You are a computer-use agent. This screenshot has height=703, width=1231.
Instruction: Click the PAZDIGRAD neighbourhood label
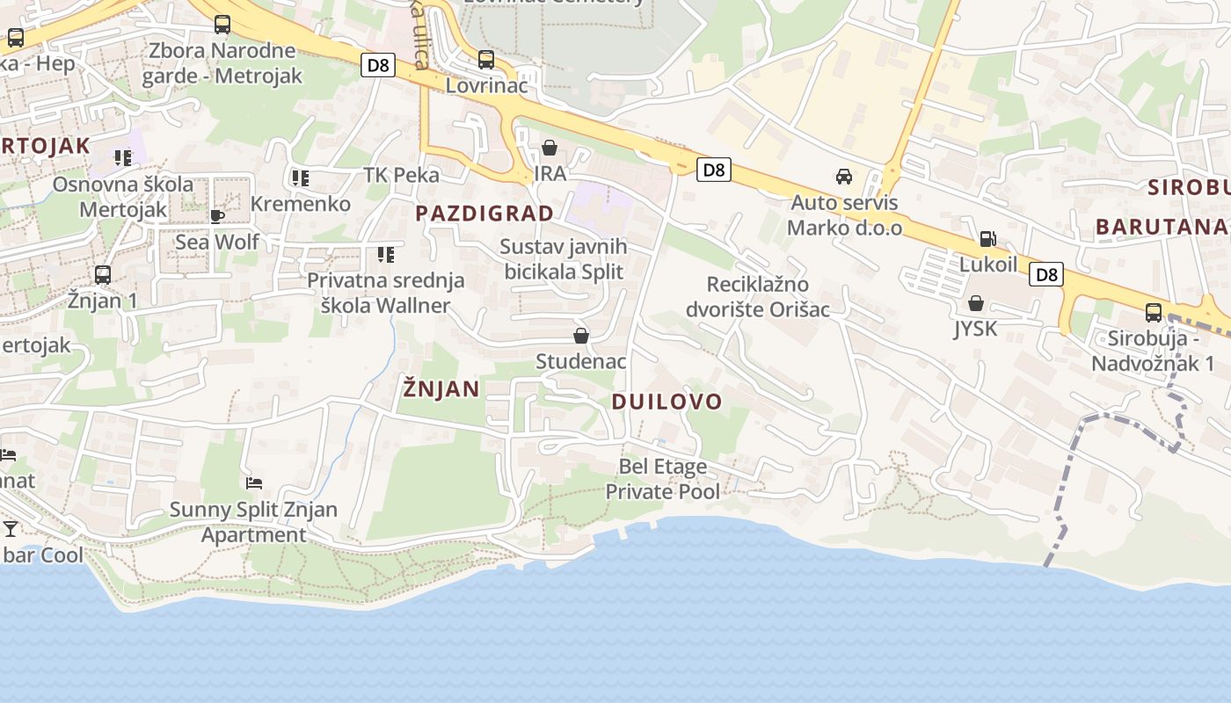tap(484, 214)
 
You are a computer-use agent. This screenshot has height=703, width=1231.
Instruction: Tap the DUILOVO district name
tap(666, 402)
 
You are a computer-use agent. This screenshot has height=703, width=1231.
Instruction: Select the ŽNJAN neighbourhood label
tap(441, 388)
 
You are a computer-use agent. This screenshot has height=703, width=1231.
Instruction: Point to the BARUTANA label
tap(1161, 227)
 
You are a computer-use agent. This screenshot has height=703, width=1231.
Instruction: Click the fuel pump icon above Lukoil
tap(987, 239)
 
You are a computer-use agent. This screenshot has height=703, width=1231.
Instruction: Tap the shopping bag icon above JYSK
tap(975, 304)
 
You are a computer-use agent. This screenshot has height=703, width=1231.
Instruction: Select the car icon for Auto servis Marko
tap(844, 177)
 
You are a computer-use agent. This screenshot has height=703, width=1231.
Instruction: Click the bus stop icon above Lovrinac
tap(486, 60)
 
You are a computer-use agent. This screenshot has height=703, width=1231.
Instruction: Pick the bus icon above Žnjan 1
tap(103, 275)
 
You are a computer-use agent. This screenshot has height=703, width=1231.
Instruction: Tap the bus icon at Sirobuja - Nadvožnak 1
tap(1153, 312)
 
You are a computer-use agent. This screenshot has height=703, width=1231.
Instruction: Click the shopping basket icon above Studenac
tap(580, 336)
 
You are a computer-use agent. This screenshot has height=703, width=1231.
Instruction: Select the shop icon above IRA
tap(550, 148)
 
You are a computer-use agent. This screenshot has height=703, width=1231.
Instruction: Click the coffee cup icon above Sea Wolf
tap(217, 216)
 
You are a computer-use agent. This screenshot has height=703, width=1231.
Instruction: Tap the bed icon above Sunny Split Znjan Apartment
tap(254, 482)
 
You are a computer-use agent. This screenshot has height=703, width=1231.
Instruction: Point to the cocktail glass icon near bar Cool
tap(11, 528)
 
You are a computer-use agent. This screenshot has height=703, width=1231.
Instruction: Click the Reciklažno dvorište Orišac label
tap(758, 297)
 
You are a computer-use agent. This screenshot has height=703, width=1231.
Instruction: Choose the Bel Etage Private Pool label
tap(662, 479)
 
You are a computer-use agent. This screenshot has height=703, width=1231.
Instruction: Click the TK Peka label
tap(402, 175)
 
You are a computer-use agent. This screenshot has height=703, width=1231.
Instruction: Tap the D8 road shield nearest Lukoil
tap(1046, 274)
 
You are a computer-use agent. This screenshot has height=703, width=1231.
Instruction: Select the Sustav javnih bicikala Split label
tap(564, 259)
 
